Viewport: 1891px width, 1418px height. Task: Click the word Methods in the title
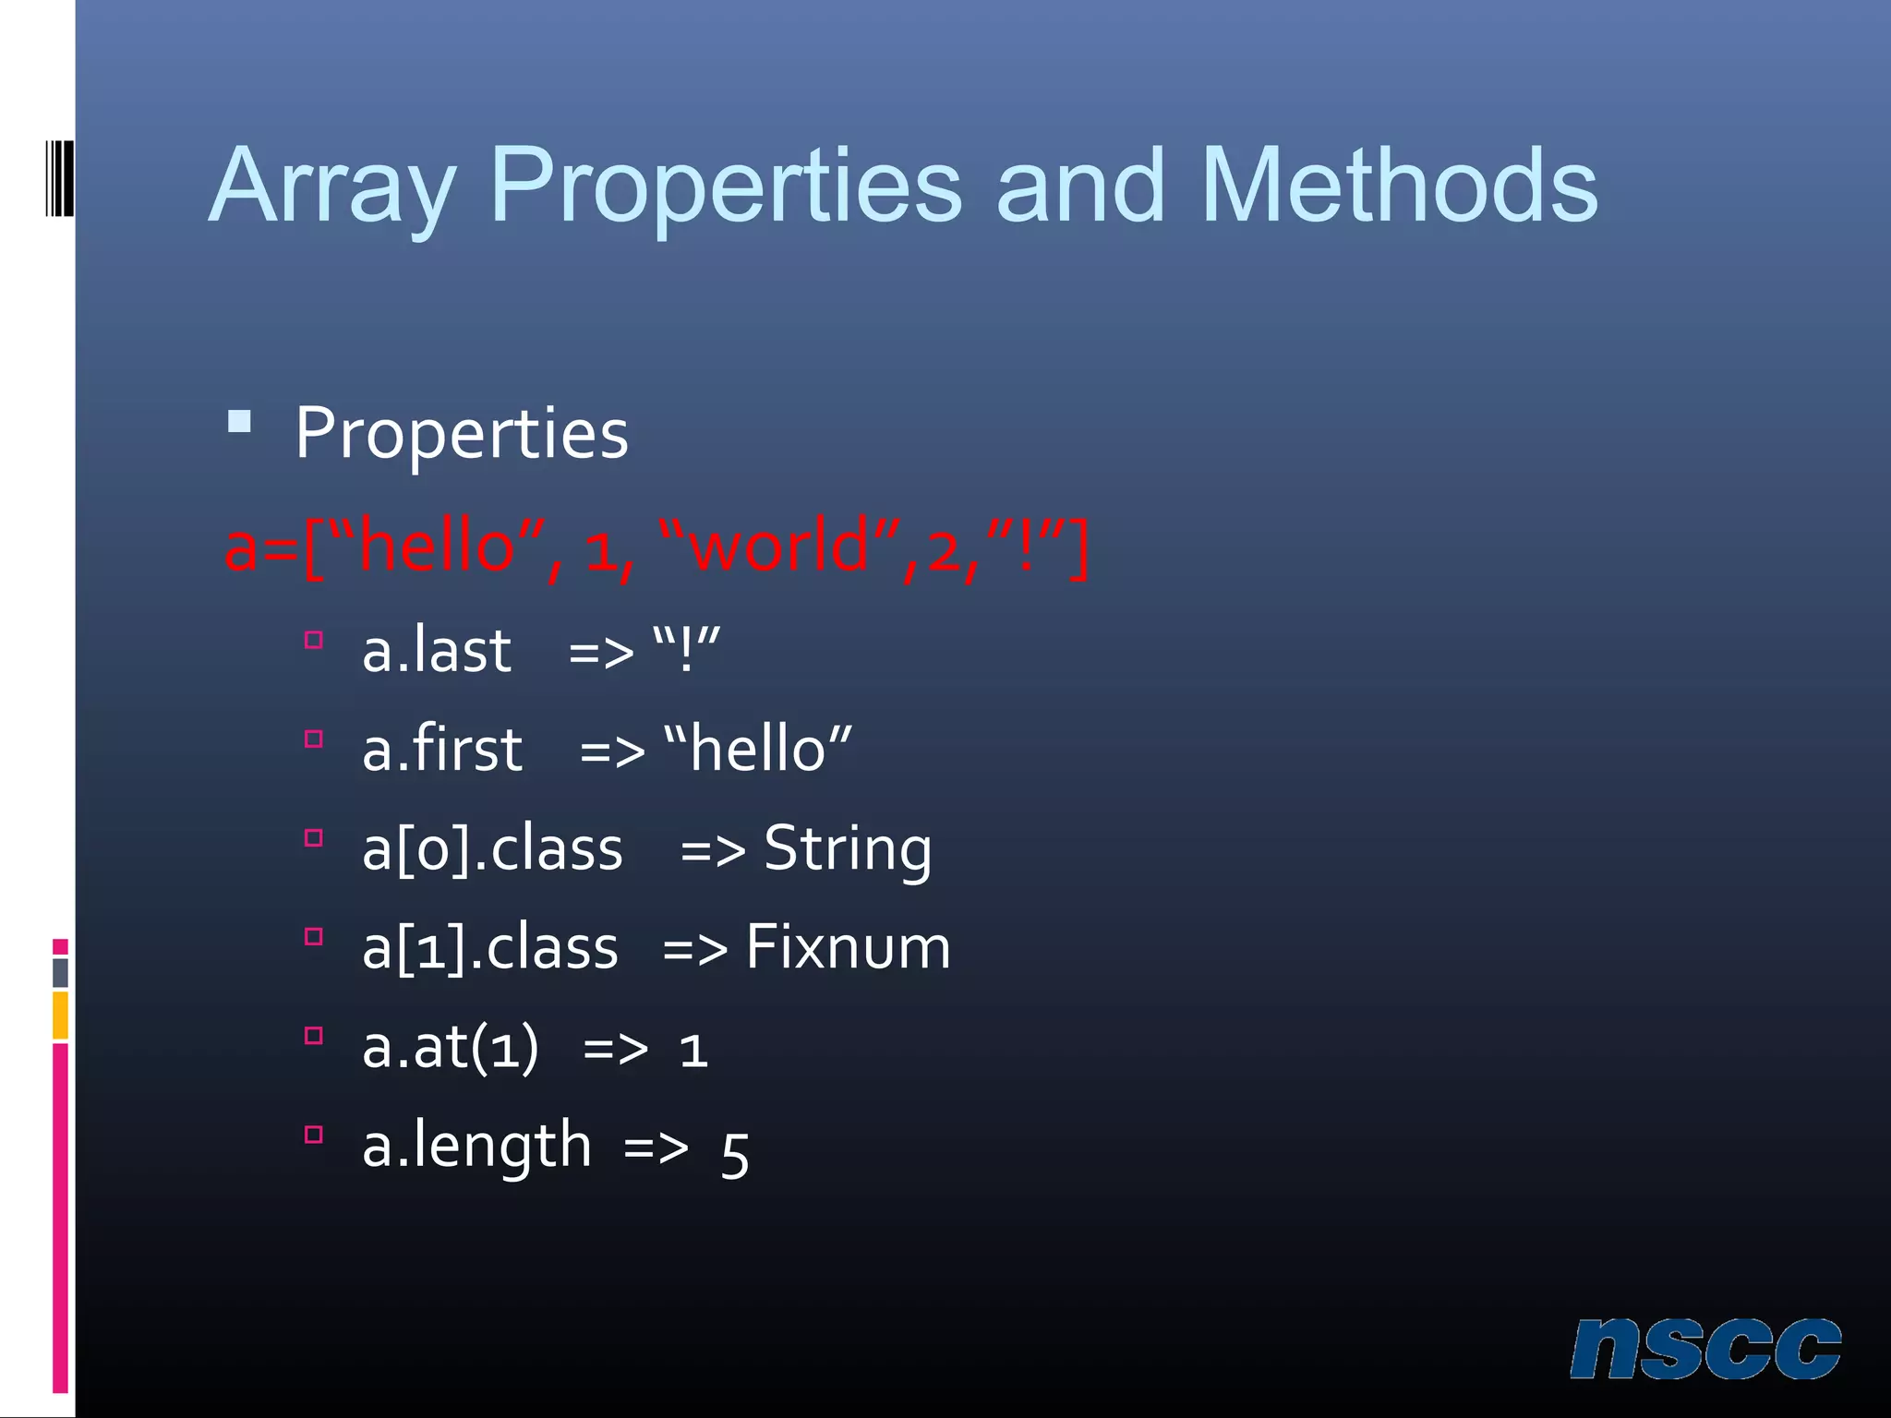(x=1398, y=186)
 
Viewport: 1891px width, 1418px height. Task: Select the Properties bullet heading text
(x=462, y=434)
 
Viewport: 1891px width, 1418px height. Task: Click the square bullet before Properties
(x=240, y=423)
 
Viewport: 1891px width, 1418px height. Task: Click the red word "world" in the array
(x=780, y=547)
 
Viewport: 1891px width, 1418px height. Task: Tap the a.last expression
(x=436, y=650)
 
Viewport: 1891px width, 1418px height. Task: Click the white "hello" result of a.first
(x=757, y=749)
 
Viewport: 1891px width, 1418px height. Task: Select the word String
(x=848, y=849)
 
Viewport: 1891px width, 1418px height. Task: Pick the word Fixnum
(x=848, y=947)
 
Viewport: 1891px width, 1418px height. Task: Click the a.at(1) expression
(x=451, y=1048)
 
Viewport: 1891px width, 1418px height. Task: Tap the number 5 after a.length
(x=735, y=1154)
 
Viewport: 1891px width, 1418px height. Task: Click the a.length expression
(x=476, y=1147)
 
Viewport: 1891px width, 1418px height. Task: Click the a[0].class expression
(x=492, y=849)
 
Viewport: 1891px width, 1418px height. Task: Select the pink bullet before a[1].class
(x=314, y=937)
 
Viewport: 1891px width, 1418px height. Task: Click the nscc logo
(x=1704, y=1349)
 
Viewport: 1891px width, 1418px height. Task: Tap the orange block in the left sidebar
(x=60, y=1015)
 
